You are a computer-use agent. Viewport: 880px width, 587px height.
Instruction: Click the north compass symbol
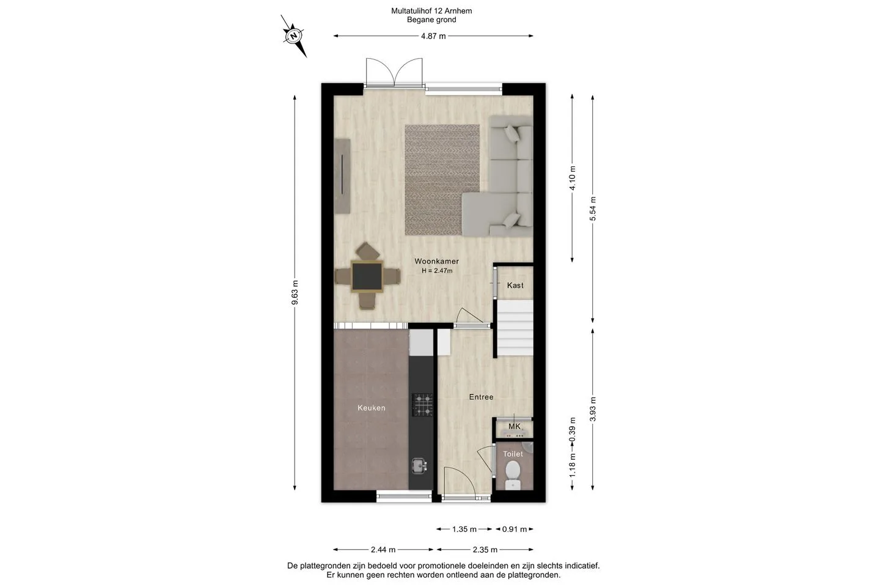[x=294, y=36]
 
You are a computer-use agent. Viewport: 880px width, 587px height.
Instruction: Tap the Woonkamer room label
[x=436, y=261]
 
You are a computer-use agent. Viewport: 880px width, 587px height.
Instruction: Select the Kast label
[x=515, y=286]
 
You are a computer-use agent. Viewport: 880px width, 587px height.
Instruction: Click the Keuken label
[x=372, y=408]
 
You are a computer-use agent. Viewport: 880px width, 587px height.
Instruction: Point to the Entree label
[x=482, y=397]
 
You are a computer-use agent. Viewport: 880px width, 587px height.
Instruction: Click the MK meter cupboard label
[x=515, y=426]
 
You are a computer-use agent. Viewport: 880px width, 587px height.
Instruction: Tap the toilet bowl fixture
[x=513, y=475]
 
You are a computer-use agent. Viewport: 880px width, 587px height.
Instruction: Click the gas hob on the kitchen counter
[x=422, y=405]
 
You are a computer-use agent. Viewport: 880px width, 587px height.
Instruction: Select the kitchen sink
[x=419, y=466]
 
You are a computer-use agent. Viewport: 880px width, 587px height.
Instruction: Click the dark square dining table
[x=367, y=276]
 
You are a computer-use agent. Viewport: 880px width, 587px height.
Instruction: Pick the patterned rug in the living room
[x=442, y=180]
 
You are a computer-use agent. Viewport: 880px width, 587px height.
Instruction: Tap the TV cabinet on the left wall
[x=342, y=175]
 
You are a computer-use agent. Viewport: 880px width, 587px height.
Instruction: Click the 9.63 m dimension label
[x=295, y=292]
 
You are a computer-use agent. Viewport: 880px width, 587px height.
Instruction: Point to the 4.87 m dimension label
[x=433, y=36]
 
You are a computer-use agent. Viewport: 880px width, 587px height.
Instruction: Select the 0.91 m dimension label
[x=515, y=529]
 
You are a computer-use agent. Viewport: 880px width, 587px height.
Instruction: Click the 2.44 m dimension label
[x=383, y=550]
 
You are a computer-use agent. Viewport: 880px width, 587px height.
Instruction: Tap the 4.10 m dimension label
[x=573, y=178]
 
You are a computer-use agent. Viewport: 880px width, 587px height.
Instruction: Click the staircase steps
[x=515, y=329]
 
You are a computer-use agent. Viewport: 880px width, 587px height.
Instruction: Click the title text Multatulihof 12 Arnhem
[x=431, y=11]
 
